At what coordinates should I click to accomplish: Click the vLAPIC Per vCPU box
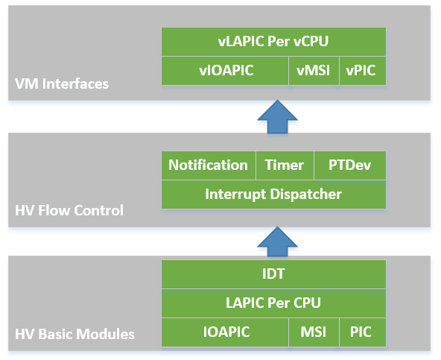pos(273,42)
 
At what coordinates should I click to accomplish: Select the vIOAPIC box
pos(225,71)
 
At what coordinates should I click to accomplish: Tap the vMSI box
pos(314,71)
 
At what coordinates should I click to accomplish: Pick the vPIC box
pos(363,71)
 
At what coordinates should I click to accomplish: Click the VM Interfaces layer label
pos(62,84)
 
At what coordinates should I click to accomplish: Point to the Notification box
pos(209,165)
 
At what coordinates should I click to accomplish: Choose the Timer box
pos(285,165)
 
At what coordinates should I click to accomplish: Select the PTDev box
pos(350,165)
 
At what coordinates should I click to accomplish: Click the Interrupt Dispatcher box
pos(273,195)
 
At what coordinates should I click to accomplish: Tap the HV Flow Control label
pos(69,210)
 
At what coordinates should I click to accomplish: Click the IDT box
pos(273,274)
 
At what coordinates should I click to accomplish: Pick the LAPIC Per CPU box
pos(273,303)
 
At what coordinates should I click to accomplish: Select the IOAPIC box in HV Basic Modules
pos(225,332)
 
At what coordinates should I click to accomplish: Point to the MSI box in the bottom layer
pos(314,332)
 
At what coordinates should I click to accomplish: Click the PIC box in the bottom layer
pos(363,332)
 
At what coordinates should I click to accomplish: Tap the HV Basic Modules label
pos(74,334)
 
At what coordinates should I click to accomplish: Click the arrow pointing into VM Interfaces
pos(277,117)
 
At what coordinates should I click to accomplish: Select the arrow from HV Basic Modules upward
pos(277,242)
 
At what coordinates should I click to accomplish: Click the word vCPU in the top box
pos(311,42)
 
